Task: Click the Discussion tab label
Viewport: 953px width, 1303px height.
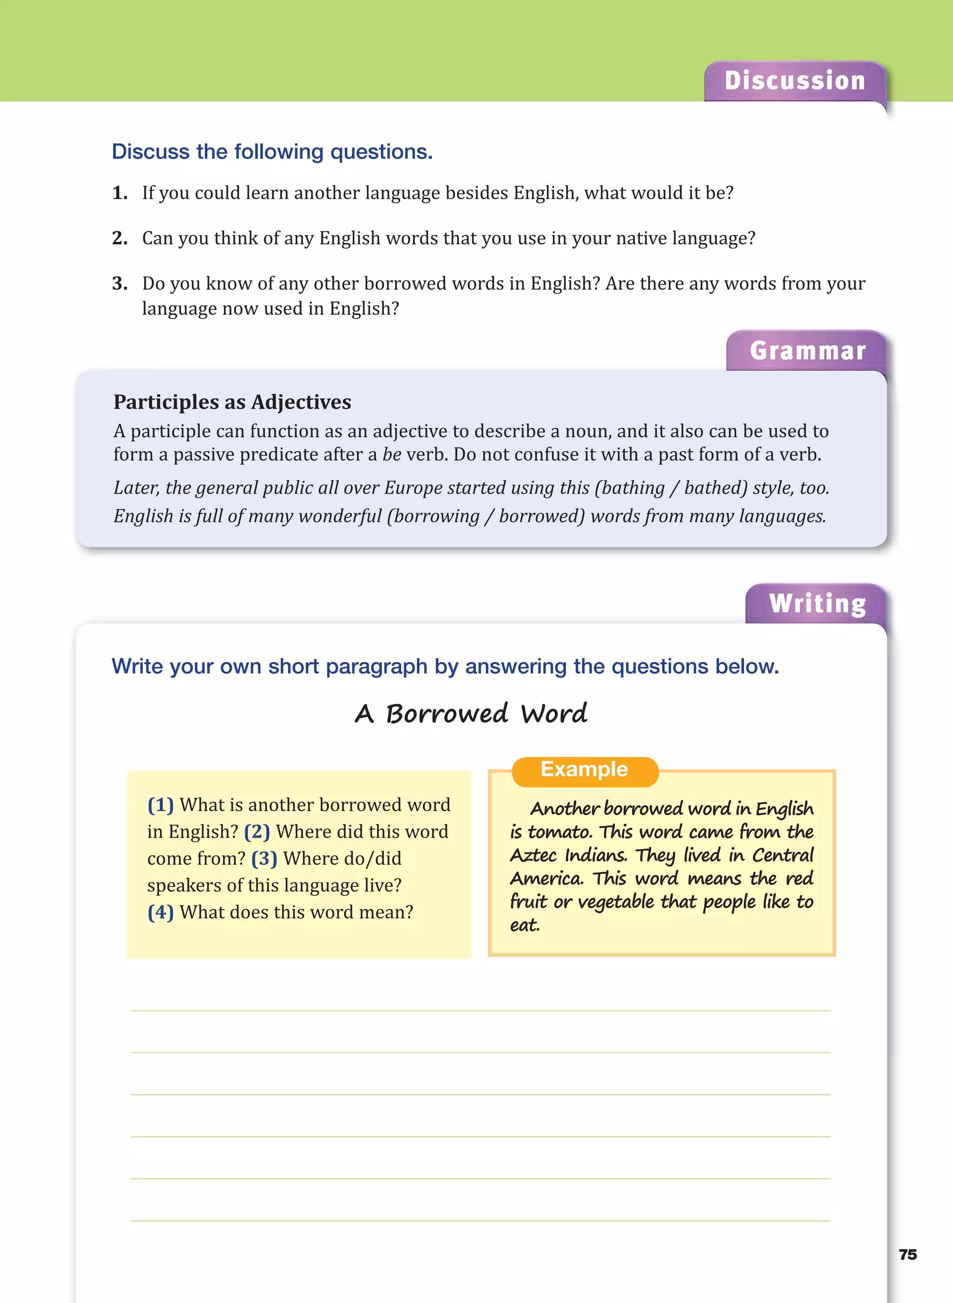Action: click(794, 81)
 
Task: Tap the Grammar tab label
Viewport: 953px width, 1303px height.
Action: click(808, 351)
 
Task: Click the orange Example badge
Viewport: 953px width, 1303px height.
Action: click(584, 769)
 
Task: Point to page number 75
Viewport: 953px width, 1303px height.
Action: click(907, 1255)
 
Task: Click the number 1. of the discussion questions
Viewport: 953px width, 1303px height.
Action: click(120, 193)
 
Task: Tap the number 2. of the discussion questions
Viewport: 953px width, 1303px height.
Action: click(120, 238)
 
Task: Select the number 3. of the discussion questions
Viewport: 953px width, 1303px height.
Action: click(120, 284)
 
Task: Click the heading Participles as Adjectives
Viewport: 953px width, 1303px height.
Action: click(232, 402)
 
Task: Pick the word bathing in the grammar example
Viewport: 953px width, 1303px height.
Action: click(633, 488)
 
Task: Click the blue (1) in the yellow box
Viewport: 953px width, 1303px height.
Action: click(161, 805)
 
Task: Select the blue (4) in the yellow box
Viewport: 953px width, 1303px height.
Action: click(161, 912)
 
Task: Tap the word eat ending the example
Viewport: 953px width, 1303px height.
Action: click(524, 925)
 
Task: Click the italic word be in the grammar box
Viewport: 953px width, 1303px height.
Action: click(392, 455)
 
